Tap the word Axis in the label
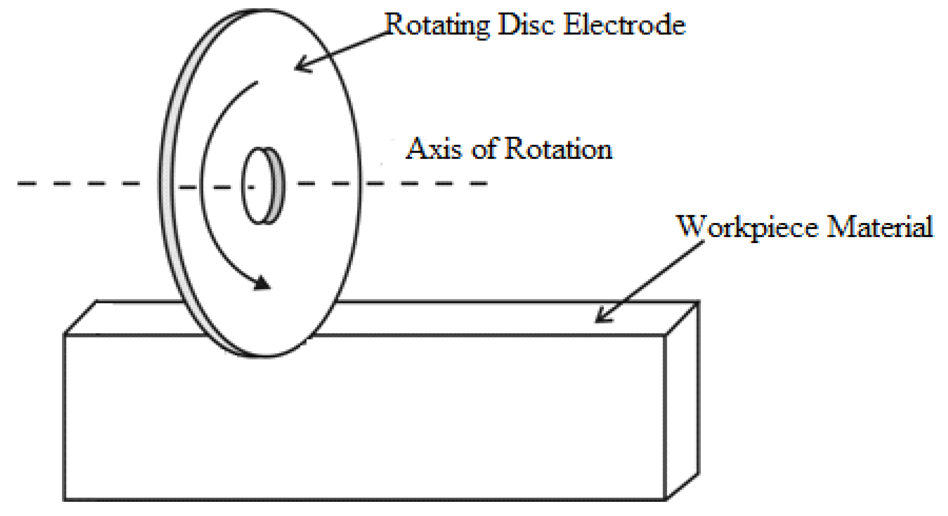point(434,149)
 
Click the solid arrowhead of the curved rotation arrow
point(262,284)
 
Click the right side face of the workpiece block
point(682,399)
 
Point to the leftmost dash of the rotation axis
point(27,183)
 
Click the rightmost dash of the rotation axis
point(478,183)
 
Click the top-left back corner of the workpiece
point(96,301)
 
